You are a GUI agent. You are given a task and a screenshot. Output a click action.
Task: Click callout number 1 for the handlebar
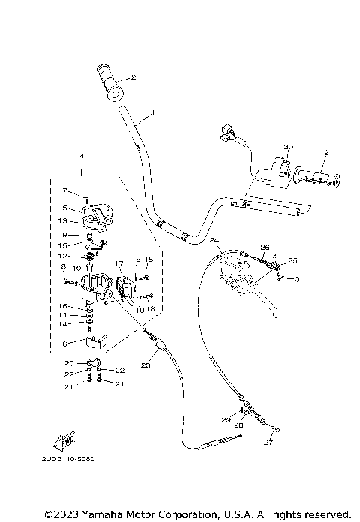tap(153, 113)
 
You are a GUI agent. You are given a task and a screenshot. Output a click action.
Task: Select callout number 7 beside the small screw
tap(64, 190)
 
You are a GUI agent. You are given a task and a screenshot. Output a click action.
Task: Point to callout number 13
tap(64, 220)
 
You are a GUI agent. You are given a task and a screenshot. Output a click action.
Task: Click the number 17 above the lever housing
tap(118, 263)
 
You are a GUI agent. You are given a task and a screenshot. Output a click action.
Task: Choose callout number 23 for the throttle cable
tap(145, 365)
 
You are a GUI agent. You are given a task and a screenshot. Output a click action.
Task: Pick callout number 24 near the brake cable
tap(214, 240)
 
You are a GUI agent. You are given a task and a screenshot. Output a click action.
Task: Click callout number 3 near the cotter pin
tap(297, 279)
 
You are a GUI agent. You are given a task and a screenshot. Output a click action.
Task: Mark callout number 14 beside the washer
tap(64, 323)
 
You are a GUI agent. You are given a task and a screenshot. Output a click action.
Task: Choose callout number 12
tap(64, 256)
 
